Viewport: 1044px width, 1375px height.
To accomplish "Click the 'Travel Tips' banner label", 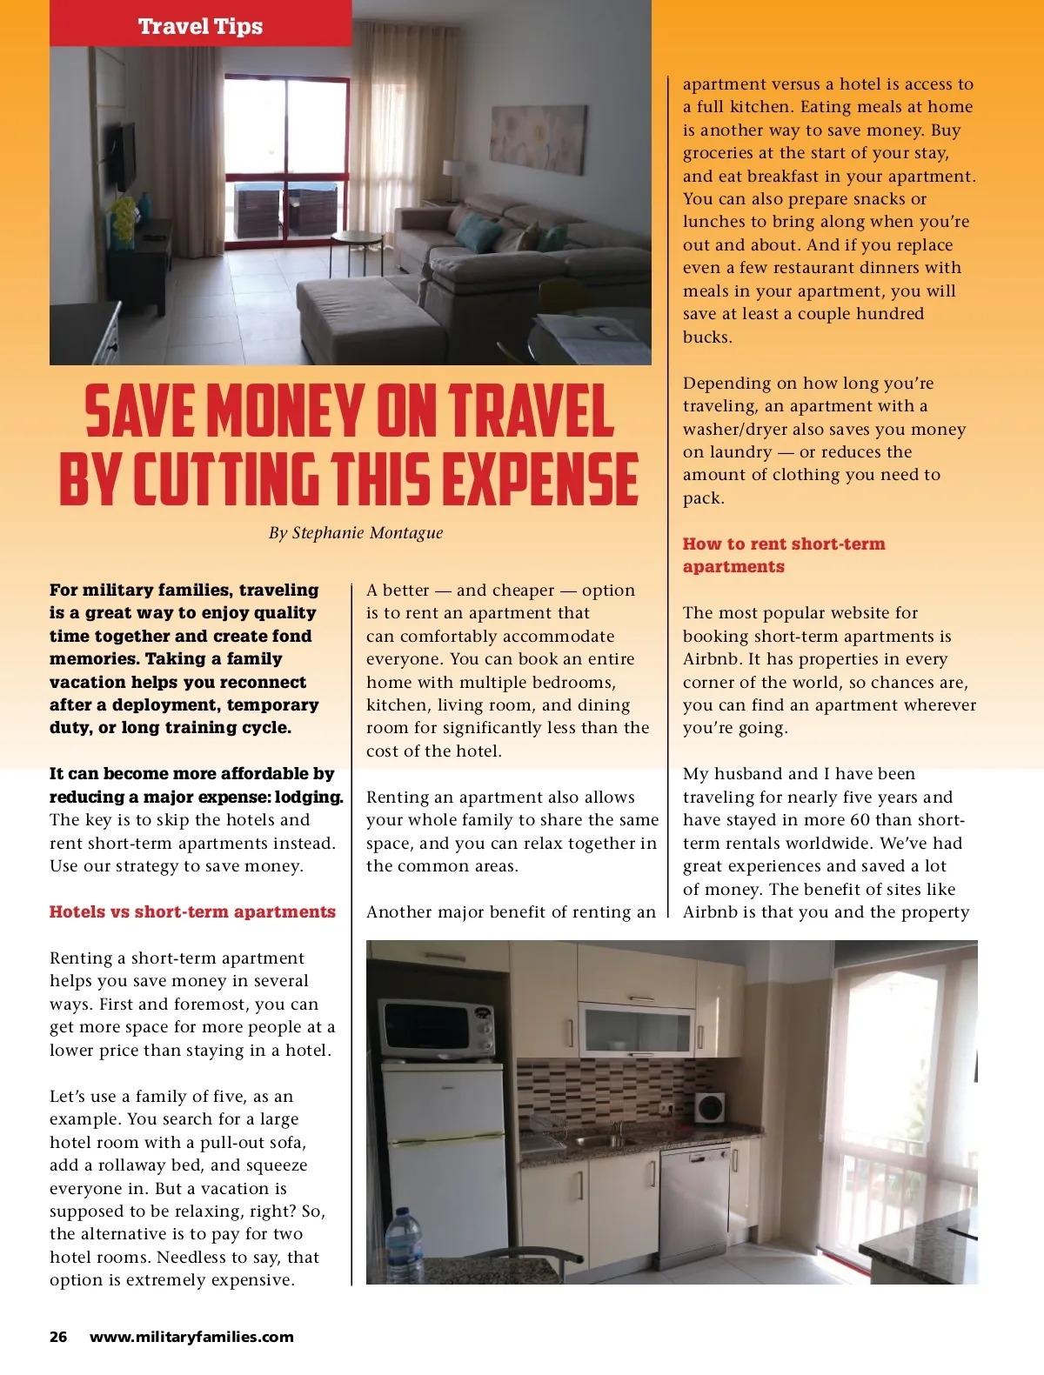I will pyautogui.click(x=200, y=26).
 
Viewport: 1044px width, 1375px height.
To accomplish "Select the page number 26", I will pyautogui.click(x=58, y=1337).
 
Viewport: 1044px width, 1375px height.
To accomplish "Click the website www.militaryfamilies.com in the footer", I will pyautogui.click(x=191, y=1337).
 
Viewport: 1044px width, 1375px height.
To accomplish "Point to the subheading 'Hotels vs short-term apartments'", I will pyautogui.click(x=192, y=911).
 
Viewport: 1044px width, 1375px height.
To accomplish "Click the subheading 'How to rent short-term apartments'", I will pyautogui.click(x=783, y=555).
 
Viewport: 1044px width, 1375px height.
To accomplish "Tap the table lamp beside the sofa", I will pyautogui.click(x=453, y=178).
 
